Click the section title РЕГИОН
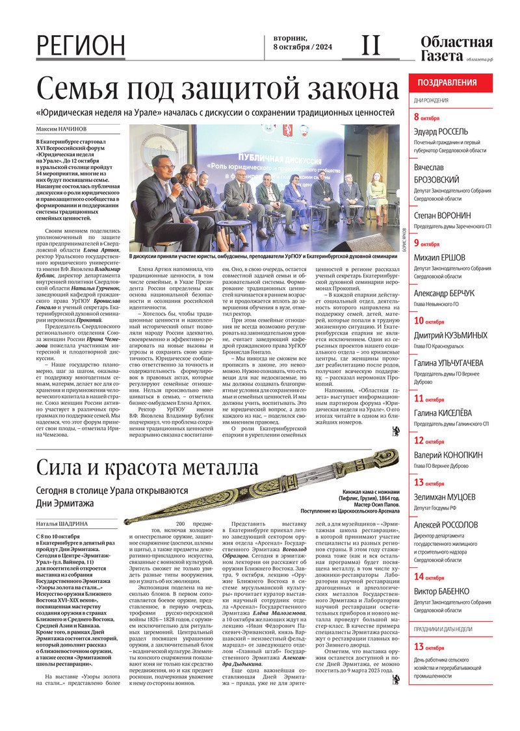coord(81,45)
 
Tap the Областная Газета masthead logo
coord(456,49)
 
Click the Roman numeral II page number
coord(370,45)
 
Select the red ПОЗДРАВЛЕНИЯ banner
coord(450,83)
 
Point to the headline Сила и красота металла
coord(147,467)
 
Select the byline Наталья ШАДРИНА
coord(63,523)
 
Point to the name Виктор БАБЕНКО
coord(441,591)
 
